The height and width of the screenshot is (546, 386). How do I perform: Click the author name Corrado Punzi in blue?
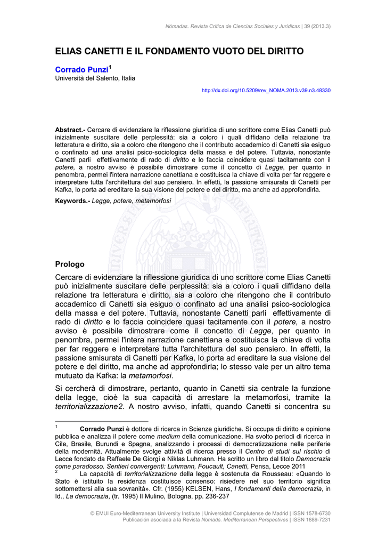point(81,70)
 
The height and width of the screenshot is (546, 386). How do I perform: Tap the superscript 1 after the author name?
point(110,67)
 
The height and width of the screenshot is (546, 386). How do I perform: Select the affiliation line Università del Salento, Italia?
point(95,78)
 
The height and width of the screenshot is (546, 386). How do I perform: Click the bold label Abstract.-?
point(70,130)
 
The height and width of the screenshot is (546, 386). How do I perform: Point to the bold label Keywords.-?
point(73,200)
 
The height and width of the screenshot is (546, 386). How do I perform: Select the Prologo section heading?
point(70,264)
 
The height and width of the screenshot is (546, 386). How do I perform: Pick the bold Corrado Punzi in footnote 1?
point(101,429)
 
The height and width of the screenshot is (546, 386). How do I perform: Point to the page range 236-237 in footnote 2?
point(218,496)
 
